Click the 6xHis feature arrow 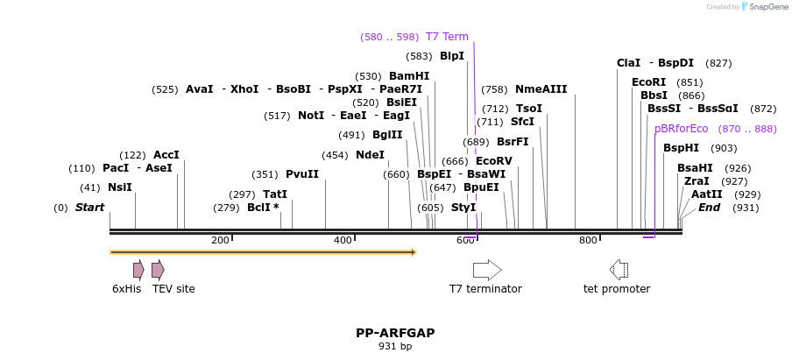(138, 270)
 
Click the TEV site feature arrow (158, 270)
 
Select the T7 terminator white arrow (487, 270)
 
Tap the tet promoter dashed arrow (619, 270)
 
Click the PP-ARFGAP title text (395, 333)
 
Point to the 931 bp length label (395, 347)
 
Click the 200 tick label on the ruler (220, 240)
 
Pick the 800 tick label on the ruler (588, 240)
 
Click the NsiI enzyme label (119, 187)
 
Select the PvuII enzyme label (302, 174)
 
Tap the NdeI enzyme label (370, 155)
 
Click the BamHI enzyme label (409, 76)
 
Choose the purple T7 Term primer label (447, 37)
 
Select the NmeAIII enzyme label (541, 89)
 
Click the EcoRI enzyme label (648, 82)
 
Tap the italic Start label (89, 208)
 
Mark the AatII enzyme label (707, 194)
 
